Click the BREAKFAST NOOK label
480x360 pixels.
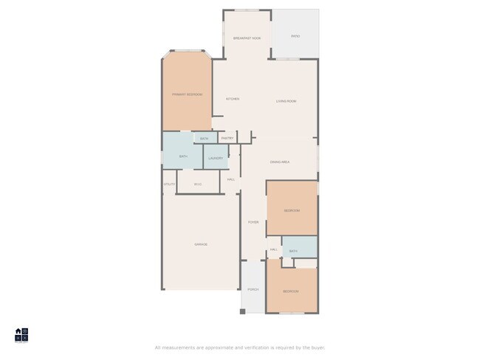click(247, 38)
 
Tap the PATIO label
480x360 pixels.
click(295, 35)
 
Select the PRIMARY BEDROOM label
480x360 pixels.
click(187, 94)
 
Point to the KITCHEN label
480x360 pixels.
click(233, 99)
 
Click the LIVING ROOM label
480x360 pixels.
click(287, 101)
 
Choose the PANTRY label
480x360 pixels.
click(227, 138)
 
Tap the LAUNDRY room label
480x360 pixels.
click(216, 158)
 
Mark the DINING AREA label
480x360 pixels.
click(279, 162)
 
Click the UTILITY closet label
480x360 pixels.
click(169, 184)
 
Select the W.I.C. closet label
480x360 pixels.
click(198, 184)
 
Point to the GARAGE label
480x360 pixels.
click(201, 244)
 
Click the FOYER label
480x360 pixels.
click(253, 222)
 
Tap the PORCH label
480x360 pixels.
click(253, 290)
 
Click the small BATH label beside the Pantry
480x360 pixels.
click(204, 138)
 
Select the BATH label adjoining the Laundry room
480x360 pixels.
click(183, 156)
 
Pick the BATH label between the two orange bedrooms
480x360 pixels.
click(293, 251)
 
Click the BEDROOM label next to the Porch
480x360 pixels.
click(291, 291)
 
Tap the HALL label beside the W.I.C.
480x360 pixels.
click(231, 179)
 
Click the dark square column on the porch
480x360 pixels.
click(242, 311)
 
